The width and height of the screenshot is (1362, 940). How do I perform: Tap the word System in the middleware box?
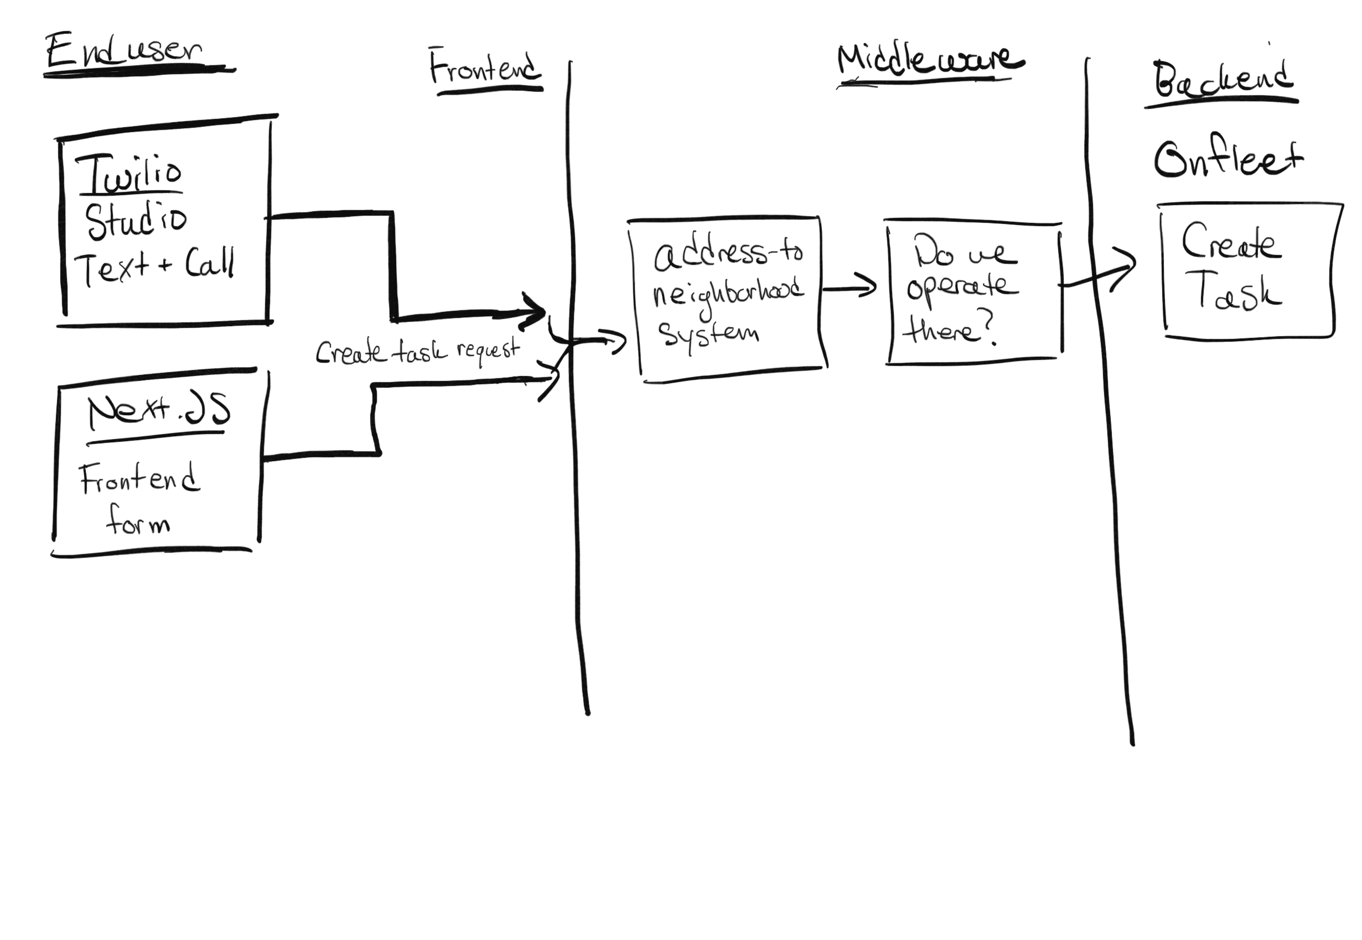pos(708,334)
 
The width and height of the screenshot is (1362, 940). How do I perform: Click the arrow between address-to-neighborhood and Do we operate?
pos(849,288)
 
